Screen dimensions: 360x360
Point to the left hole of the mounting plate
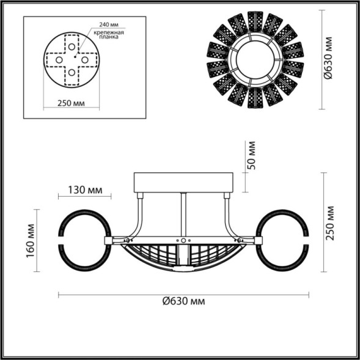tap(59, 60)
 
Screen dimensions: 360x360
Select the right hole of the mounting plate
tap(86, 60)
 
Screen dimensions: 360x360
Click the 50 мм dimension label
tap(251, 156)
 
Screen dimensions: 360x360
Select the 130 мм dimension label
tap(84, 189)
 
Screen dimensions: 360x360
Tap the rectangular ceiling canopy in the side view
tap(183, 182)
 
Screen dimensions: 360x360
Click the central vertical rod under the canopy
tap(183, 214)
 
